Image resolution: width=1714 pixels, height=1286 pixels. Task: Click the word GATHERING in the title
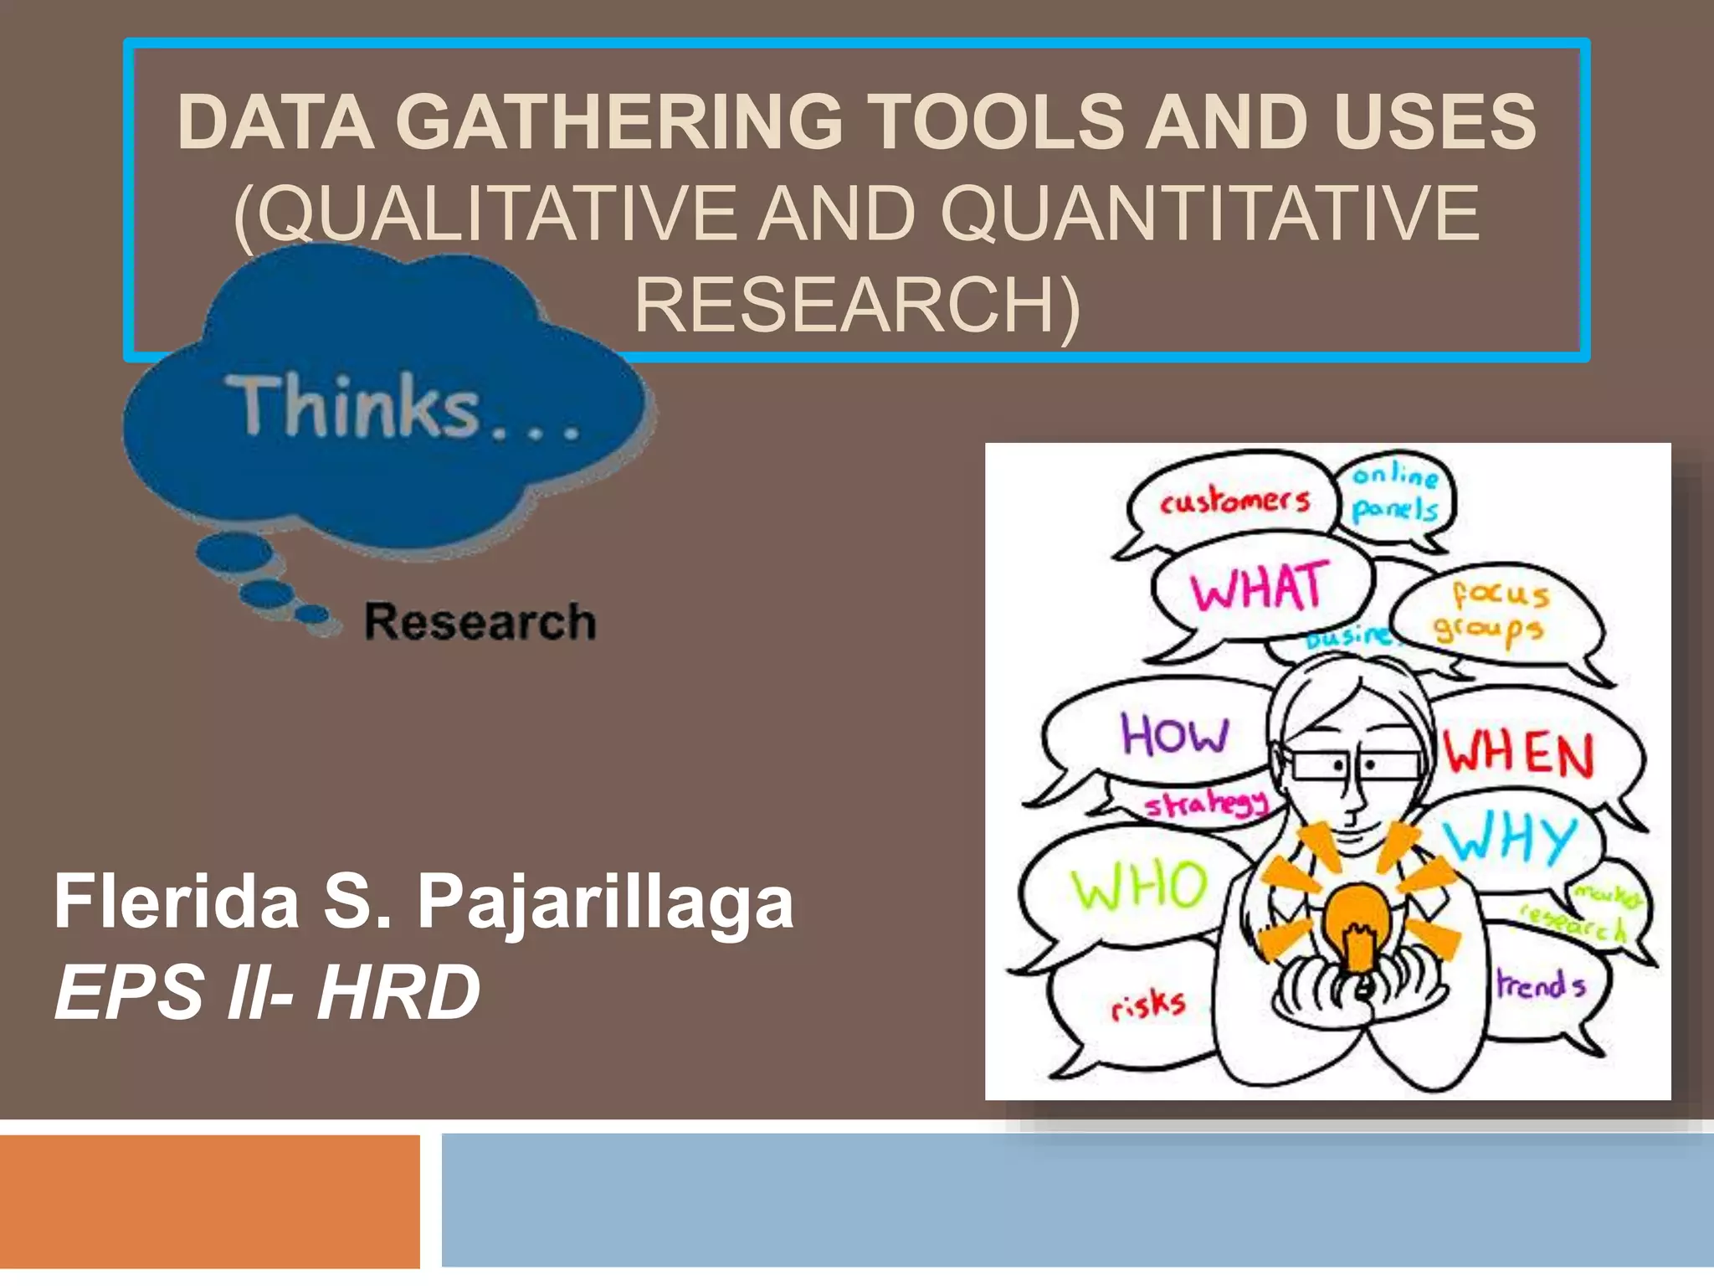618,122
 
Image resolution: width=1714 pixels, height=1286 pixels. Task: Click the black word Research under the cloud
480,622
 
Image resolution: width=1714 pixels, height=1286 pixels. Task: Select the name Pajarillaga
605,902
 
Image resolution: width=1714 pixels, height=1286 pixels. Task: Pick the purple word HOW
1174,734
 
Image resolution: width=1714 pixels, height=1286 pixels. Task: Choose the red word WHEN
1519,754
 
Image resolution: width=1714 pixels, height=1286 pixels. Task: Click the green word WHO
1140,885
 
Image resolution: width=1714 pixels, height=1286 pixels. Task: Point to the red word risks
1148,1005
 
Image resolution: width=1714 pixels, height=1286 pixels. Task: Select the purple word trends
1541,985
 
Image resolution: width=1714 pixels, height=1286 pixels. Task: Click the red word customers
1234,501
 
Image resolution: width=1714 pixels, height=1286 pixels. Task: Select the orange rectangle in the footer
209,1201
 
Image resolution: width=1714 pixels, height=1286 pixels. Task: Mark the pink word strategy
1206,805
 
